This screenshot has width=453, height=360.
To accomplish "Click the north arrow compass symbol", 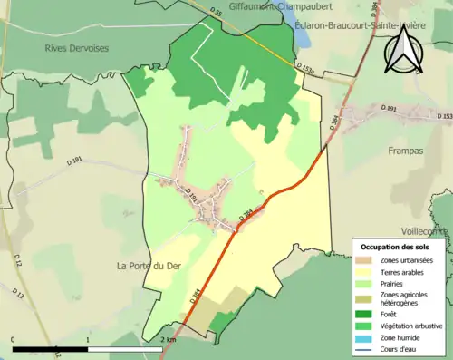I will click(x=403, y=49).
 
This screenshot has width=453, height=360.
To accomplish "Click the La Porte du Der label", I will click(x=148, y=266).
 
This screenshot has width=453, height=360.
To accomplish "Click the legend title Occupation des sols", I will click(x=397, y=247).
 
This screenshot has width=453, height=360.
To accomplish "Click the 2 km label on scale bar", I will click(x=168, y=339).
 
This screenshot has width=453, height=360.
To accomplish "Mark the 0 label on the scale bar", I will click(x=14, y=339).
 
